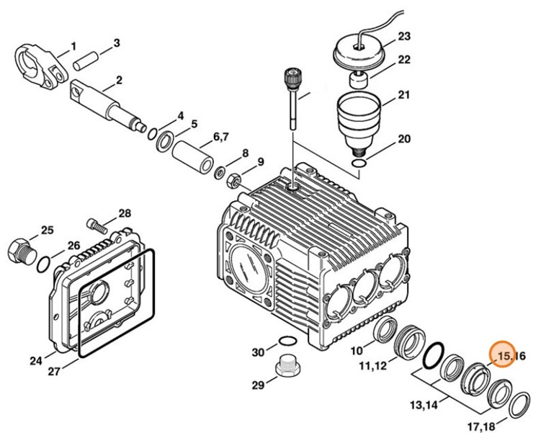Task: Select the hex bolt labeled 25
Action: click(19, 250)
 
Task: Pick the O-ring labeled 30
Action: click(286, 342)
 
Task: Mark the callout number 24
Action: click(36, 357)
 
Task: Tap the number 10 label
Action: click(358, 350)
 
